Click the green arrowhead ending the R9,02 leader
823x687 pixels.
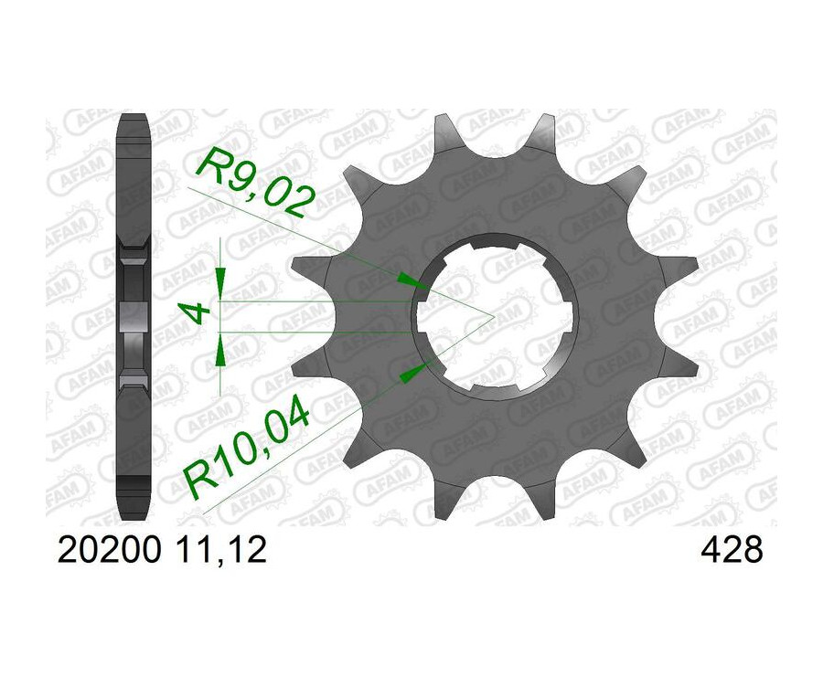point(418,282)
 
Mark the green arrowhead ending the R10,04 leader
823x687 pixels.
point(414,370)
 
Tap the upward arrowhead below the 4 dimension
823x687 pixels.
point(219,350)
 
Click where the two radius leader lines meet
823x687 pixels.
point(494,317)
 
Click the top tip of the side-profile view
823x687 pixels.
point(134,116)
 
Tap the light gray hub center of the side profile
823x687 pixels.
point(134,316)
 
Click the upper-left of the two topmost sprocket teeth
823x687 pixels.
point(445,128)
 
